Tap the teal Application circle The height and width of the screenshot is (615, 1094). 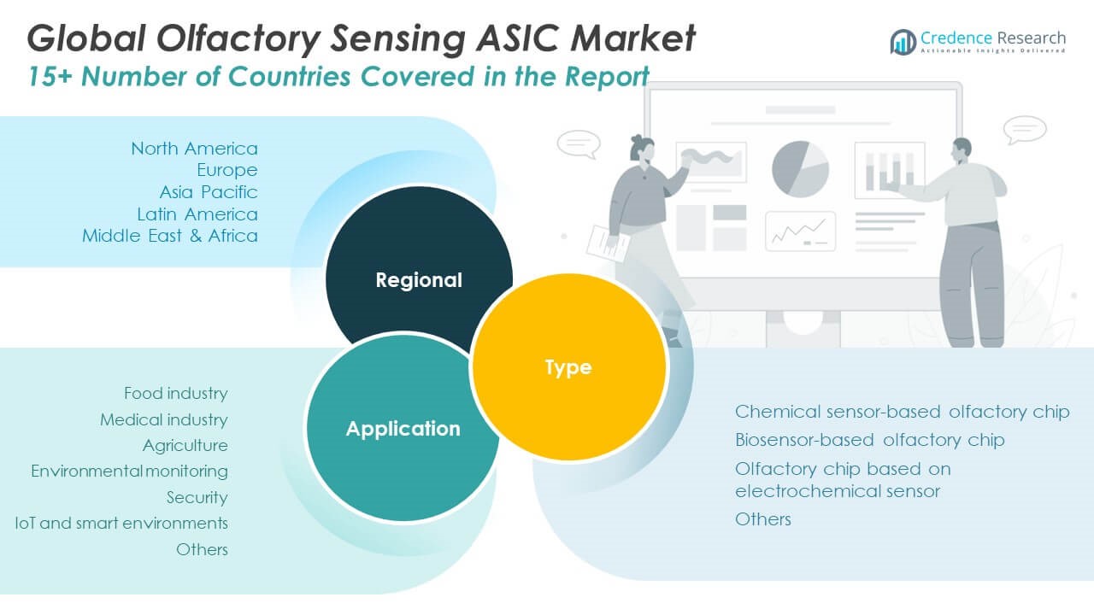(402, 427)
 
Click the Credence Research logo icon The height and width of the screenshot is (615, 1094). (903, 41)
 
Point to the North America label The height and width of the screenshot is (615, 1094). (194, 149)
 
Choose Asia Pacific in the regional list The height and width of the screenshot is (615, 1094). (208, 191)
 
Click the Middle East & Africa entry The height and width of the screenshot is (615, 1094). (170, 235)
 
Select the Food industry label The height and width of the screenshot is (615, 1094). (175, 393)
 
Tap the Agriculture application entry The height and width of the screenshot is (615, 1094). (185, 445)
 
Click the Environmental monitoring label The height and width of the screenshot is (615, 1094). (129, 471)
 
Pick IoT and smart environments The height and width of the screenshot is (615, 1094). (121, 522)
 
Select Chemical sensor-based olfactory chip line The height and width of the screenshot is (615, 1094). (902, 412)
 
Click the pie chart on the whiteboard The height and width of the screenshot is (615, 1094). (800, 168)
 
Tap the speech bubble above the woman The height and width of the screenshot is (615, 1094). (578, 143)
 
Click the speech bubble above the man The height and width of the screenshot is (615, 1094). (1025, 129)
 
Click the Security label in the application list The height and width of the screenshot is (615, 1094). (197, 497)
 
